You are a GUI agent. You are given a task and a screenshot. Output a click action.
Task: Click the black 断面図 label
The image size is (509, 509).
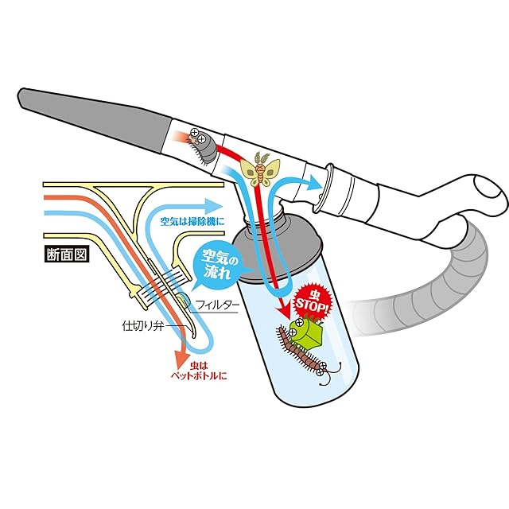(x=68, y=257)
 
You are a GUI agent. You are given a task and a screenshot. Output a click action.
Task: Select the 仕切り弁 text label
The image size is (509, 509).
(x=142, y=326)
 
